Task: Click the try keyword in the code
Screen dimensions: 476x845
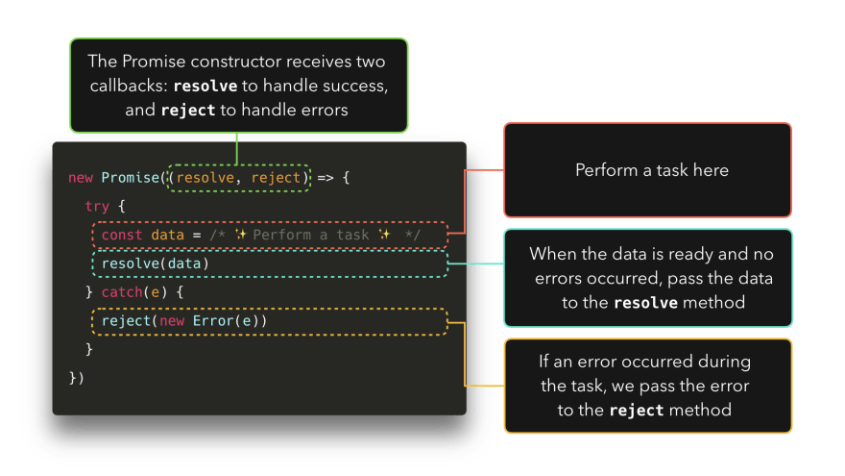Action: point(98,207)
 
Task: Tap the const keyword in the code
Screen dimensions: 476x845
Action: point(122,235)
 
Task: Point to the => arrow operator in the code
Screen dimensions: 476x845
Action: point(326,178)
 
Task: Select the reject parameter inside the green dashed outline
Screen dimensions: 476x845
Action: point(277,178)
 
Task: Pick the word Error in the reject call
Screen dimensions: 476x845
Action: point(212,320)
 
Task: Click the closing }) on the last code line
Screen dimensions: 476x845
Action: point(77,377)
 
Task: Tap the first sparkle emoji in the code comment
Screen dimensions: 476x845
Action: point(241,235)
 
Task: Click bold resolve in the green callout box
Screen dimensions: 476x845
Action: point(205,87)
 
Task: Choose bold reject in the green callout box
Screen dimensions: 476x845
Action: point(188,111)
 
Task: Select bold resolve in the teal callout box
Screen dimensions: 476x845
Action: point(646,303)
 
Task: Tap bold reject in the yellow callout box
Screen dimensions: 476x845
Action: point(637,411)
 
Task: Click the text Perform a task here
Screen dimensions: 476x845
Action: point(651,170)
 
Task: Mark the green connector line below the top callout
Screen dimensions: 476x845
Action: point(236,146)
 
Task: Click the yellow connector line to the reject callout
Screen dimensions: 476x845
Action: point(466,356)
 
